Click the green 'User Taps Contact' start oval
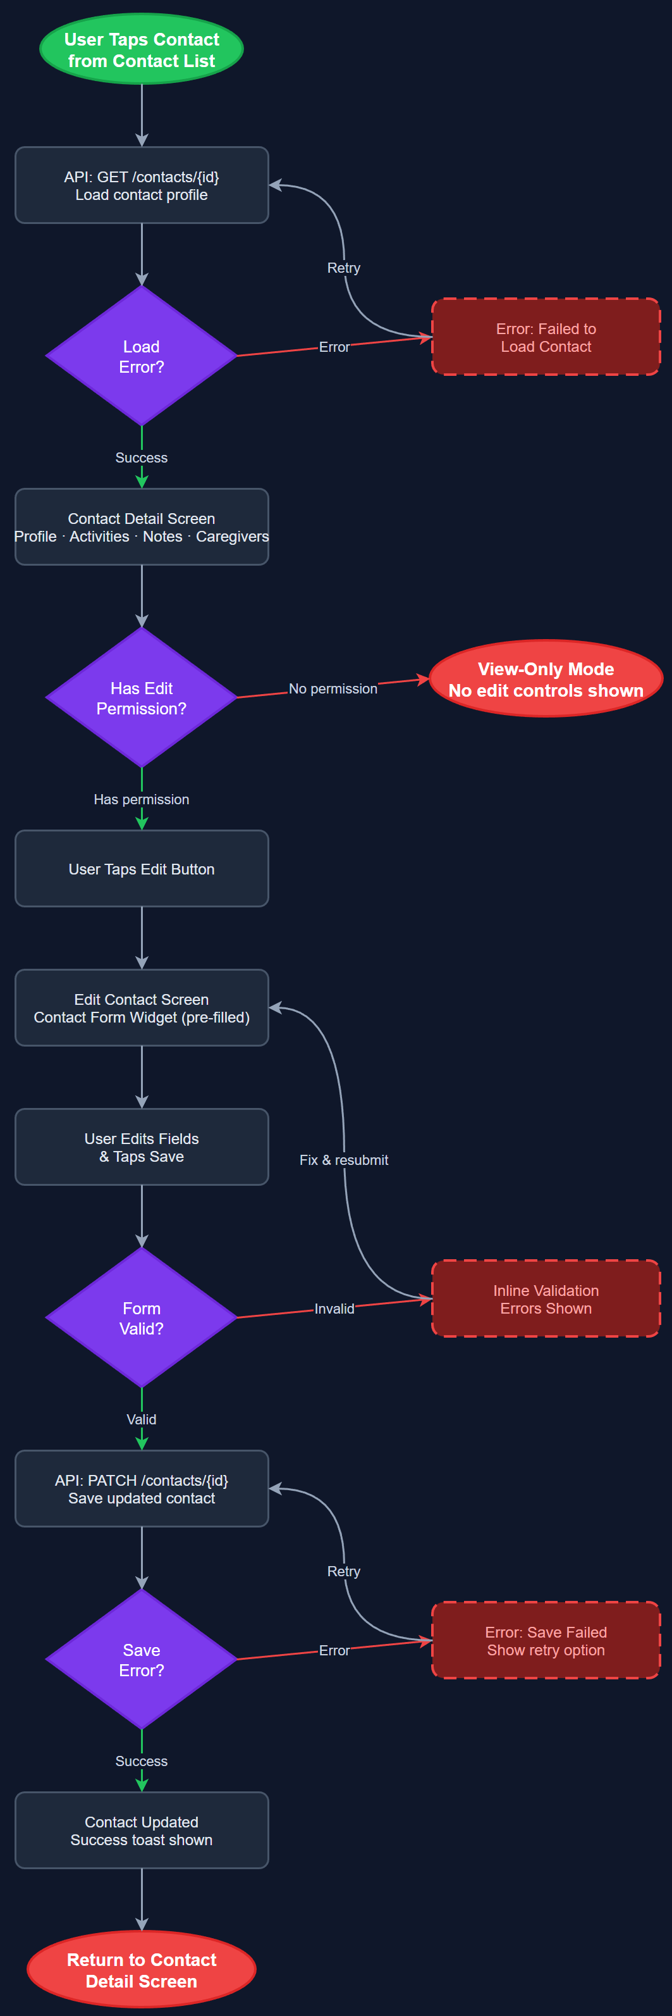tap(142, 49)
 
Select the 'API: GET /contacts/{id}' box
tap(142, 185)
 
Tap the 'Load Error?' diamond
tap(142, 356)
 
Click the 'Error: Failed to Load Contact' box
tap(546, 337)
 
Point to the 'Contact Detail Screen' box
tap(142, 526)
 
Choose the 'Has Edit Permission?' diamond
tap(142, 698)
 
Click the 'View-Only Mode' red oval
tap(546, 680)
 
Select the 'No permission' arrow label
tap(333, 688)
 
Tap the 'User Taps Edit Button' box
tap(142, 869)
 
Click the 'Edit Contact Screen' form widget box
tap(142, 1008)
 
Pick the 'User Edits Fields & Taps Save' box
tap(142, 1147)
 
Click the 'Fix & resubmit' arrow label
tap(343, 1160)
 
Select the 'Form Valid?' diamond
tap(142, 1318)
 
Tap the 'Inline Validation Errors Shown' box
tap(546, 1299)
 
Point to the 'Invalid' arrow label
tap(334, 1309)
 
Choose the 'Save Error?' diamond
tap(142, 1659)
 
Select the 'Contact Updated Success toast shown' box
tap(142, 1831)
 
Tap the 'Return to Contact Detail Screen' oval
tap(142, 1970)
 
